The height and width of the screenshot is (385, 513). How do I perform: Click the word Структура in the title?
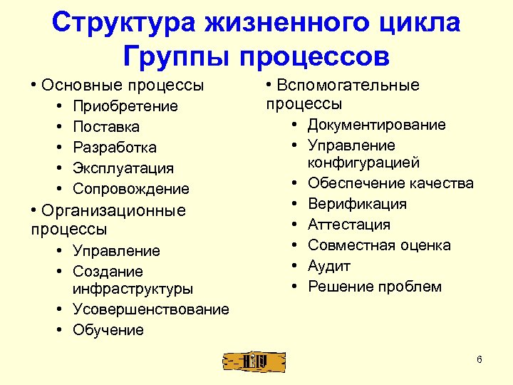click(126, 23)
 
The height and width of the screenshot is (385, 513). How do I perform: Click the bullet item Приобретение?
click(125, 106)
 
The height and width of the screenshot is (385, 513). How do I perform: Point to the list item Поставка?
click(106, 127)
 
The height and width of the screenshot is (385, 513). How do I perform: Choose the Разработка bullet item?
click(115, 148)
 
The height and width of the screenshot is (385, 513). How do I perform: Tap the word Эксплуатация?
click(123, 168)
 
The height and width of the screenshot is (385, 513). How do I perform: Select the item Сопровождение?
click(131, 189)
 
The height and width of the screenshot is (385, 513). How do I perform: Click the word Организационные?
click(114, 210)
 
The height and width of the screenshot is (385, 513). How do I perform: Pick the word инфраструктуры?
click(133, 289)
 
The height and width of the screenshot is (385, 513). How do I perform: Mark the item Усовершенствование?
click(151, 309)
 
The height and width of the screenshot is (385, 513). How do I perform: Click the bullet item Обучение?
click(108, 330)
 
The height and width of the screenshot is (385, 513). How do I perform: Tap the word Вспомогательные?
click(348, 86)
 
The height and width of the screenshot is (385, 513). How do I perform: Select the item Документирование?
click(377, 125)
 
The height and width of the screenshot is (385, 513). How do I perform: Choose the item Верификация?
click(357, 204)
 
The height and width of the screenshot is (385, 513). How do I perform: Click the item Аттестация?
click(349, 225)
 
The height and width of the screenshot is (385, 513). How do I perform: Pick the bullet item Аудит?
click(329, 266)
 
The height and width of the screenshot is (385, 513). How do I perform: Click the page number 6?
click(480, 359)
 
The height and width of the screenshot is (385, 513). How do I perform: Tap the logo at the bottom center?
click(254, 361)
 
